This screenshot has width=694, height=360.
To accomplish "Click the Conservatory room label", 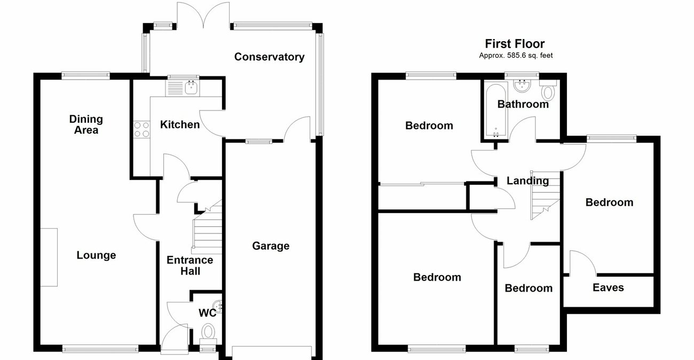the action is click(x=269, y=57).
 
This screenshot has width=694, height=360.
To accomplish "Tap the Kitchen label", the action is click(x=180, y=124).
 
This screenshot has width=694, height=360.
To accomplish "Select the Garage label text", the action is click(x=271, y=246).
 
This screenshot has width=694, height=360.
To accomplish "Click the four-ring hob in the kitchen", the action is click(x=141, y=129).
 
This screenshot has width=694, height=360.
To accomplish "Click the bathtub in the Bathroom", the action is click(x=496, y=110).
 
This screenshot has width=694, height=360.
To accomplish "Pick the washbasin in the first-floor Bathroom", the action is click(x=522, y=85).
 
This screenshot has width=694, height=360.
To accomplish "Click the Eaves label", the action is click(x=608, y=288).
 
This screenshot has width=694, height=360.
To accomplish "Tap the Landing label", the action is click(x=527, y=181).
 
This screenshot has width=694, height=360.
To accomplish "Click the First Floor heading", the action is click(x=515, y=44).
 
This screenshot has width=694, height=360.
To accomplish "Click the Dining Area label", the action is click(x=86, y=124).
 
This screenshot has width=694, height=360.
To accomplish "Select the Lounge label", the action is click(x=96, y=255).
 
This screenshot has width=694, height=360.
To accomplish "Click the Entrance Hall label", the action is click(x=190, y=265).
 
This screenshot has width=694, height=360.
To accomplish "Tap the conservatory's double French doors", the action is click(x=203, y=15).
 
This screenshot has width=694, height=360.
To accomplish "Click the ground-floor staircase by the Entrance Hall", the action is click(x=207, y=228).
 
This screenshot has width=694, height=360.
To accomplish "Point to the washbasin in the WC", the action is click(x=219, y=307).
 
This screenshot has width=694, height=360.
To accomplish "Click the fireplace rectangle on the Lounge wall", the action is click(x=49, y=257).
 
